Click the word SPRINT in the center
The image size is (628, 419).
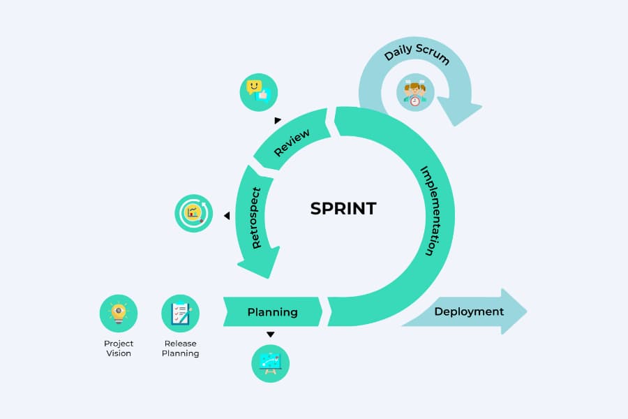coord(343,208)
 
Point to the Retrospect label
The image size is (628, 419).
coord(255,218)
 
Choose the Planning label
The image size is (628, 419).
coord(272,312)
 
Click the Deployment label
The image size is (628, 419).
coord(469,311)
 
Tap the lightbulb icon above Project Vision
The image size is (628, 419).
coord(119,313)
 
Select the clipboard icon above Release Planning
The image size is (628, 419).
coord(180,313)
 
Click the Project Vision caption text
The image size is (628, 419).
coord(119,348)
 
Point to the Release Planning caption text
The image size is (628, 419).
coord(180,348)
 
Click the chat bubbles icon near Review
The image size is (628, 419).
coord(258,92)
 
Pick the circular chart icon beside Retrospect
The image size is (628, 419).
coord(193,213)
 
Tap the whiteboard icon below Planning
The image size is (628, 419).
coord(270,364)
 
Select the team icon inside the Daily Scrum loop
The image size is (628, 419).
coord(415,93)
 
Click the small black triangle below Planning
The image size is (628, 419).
coord(270,335)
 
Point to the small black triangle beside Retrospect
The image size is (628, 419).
coord(227,216)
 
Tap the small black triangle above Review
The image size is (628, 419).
coord(278,120)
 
